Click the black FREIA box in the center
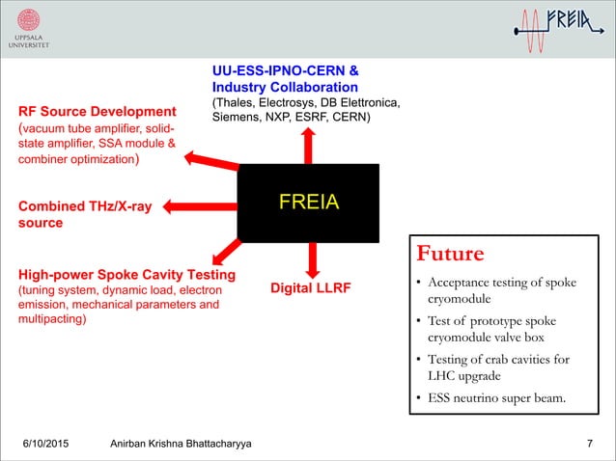click(x=309, y=203)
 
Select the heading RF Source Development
click(x=98, y=110)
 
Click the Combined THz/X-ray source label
click(x=84, y=214)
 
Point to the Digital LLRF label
click(x=310, y=287)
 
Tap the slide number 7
click(x=590, y=443)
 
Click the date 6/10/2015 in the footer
click(x=53, y=443)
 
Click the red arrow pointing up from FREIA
click(x=308, y=144)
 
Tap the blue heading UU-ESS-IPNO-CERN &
click(x=286, y=70)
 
